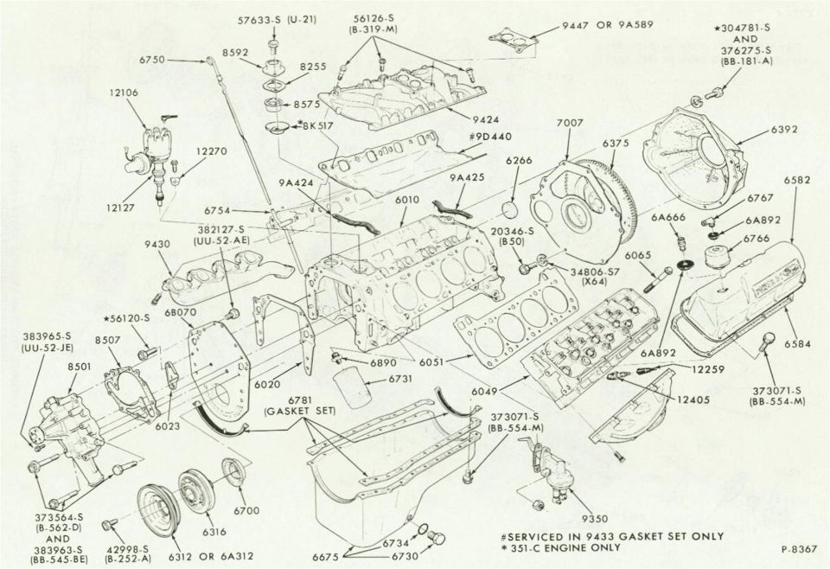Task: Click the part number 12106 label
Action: [x=124, y=93]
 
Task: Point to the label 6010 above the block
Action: [x=406, y=200]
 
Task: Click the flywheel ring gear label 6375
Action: [x=615, y=143]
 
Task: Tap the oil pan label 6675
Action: [x=326, y=557]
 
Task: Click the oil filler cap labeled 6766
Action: [x=718, y=257]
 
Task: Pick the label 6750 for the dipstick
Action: [x=152, y=61]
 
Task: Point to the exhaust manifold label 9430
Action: [x=157, y=245]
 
